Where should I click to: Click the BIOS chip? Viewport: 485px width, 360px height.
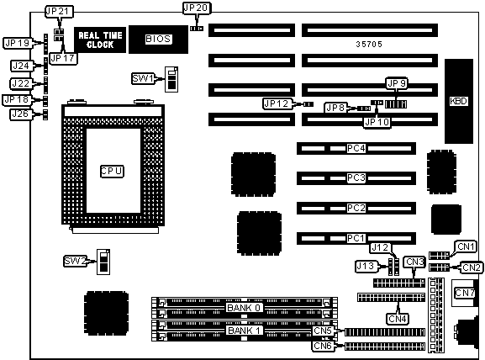point(158,40)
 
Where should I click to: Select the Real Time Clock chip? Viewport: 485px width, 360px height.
point(100,40)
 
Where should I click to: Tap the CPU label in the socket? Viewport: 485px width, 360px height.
point(112,172)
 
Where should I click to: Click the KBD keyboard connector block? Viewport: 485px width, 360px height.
point(459,101)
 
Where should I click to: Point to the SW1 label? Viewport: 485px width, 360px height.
point(143,78)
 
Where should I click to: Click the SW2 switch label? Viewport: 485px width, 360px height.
point(75,262)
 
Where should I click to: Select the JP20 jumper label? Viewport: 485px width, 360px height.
point(196,8)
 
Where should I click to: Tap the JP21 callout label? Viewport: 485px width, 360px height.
point(59,12)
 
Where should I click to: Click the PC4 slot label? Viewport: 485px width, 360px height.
point(356,149)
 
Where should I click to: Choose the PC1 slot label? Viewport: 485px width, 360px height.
point(356,238)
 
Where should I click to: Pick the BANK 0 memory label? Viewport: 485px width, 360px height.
point(244,308)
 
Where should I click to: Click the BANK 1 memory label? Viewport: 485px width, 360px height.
point(244,331)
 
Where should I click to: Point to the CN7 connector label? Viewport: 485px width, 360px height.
point(465,293)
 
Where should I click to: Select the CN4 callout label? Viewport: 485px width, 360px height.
point(398,319)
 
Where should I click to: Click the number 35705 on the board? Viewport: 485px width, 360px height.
point(369,45)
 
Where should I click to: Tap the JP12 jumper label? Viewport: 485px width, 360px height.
point(277,103)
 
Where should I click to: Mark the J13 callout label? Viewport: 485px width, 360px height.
point(366,266)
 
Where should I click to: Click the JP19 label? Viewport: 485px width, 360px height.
point(18,43)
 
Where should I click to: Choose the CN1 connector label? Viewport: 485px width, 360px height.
point(466,246)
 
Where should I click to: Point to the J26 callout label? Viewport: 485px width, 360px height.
point(21,114)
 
